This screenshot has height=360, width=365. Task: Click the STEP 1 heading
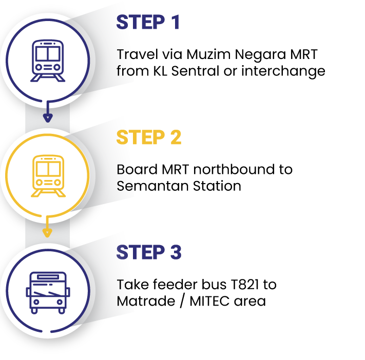148,23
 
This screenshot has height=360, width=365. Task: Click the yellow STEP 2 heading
148,137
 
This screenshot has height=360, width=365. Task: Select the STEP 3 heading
148,252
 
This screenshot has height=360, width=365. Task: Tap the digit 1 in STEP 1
175,23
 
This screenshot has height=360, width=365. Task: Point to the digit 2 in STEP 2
175,137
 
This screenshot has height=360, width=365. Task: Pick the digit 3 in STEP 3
175,252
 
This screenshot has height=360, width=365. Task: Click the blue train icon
47,61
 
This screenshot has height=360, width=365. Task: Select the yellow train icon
47,175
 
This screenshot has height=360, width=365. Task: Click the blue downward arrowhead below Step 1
48,118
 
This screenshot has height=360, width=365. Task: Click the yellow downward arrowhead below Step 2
47,233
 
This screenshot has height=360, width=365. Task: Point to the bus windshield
48,292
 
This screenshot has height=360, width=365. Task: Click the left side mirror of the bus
28,292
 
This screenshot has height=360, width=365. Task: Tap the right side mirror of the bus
67,292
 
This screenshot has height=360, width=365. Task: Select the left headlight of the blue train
39,67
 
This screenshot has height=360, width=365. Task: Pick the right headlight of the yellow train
56,182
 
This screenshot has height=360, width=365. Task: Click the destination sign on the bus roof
48,277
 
